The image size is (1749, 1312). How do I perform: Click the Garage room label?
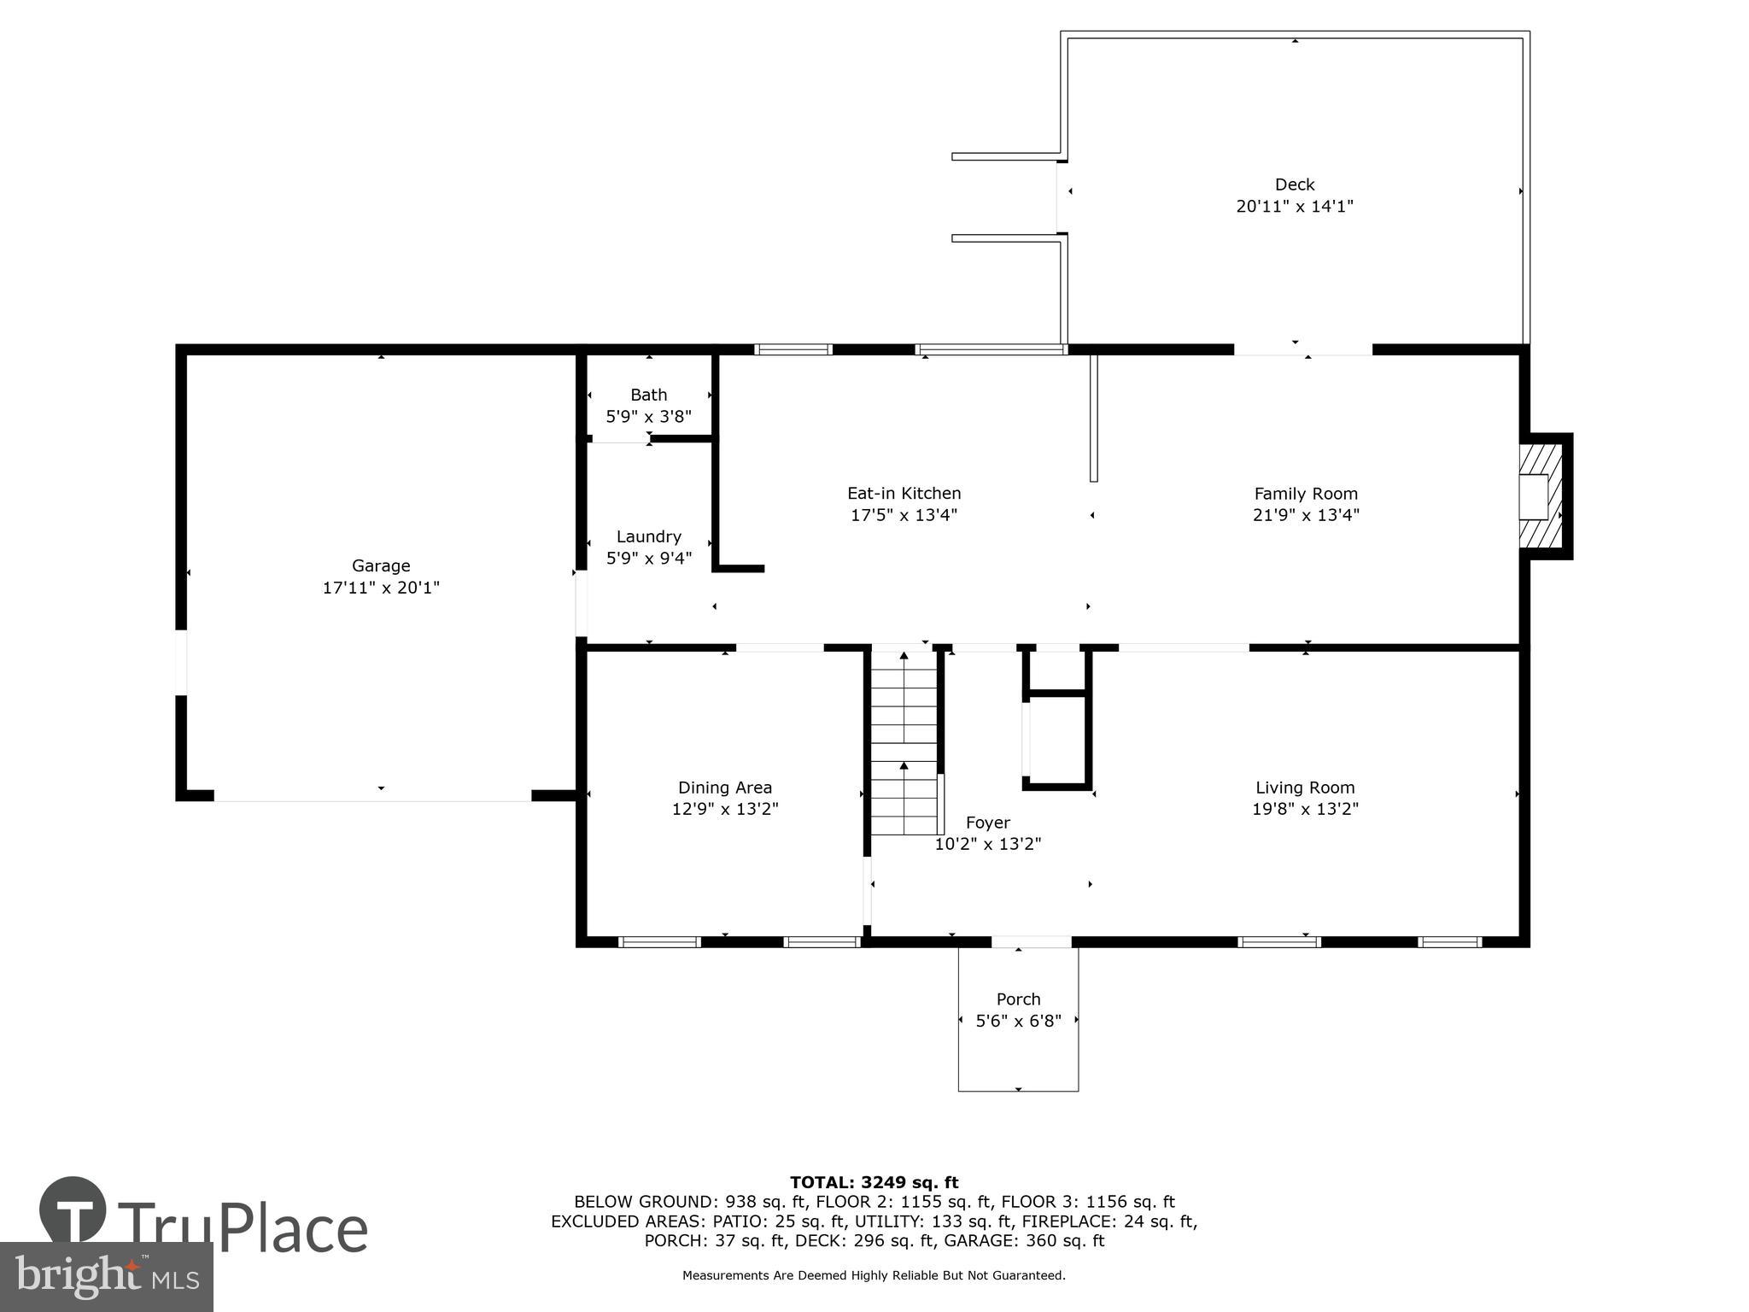(381, 565)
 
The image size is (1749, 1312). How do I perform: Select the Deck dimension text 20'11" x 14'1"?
(1295, 207)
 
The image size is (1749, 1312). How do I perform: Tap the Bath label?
(648, 395)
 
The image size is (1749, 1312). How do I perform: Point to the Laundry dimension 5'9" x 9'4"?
(648, 559)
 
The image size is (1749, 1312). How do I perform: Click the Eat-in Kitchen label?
(904, 493)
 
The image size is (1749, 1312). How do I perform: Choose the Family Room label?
(1305, 493)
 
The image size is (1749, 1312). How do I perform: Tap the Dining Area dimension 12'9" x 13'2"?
(725, 809)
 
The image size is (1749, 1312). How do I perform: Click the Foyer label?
(987, 823)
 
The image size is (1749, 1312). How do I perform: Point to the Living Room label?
(1304, 788)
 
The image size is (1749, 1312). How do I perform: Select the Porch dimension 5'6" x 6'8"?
(1018, 1021)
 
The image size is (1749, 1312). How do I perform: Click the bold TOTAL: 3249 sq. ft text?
(874, 1182)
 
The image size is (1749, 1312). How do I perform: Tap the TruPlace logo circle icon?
(73, 1210)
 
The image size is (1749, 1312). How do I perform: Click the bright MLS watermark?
(106, 1276)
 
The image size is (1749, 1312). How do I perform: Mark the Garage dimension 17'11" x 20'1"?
(381, 588)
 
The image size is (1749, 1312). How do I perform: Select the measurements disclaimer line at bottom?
(874, 1275)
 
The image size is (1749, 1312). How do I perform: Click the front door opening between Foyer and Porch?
(1031, 942)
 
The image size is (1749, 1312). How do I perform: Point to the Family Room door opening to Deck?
(1302, 350)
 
